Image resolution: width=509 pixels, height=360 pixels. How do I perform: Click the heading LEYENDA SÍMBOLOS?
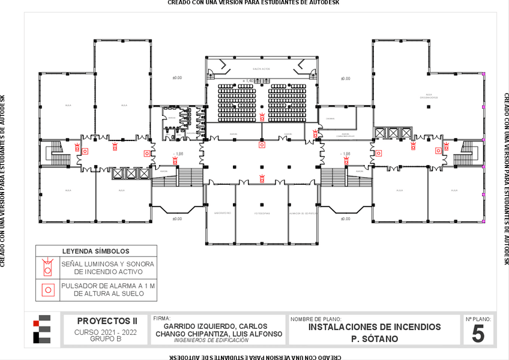point(96,251)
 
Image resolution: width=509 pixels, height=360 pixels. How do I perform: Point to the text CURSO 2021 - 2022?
point(106,332)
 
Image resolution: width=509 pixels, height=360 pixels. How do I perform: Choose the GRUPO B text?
point(106,338)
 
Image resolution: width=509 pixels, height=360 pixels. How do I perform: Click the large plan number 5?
point(478,334)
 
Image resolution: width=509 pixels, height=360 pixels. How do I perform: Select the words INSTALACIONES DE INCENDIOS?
point(374,327)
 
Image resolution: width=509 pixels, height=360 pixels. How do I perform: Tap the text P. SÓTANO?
point(374,339)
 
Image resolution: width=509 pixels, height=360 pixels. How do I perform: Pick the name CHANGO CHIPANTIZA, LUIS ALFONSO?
point(218,334)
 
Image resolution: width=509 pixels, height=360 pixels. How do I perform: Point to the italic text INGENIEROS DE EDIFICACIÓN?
point(211,340)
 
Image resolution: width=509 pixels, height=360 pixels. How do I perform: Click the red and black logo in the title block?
point(42,329)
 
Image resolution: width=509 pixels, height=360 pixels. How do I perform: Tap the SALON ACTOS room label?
point(262,69)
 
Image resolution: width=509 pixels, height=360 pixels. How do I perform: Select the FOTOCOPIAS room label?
point(261,213)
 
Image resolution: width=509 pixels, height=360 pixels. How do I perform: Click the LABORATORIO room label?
point(223,213)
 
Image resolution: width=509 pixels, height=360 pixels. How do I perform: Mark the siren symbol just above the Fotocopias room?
point(262,178)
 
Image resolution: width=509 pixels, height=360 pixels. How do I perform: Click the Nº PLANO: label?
point(478,319)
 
